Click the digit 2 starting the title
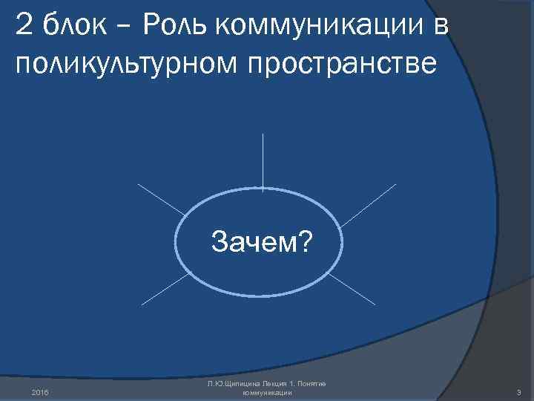(x=24, y=27)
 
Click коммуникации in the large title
(x=322, y=27)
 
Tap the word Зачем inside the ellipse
(x=250, y=241)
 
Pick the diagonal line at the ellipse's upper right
(x=368, y=203)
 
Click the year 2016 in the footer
(x=42, y=392)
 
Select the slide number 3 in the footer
(x=519, y=392)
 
